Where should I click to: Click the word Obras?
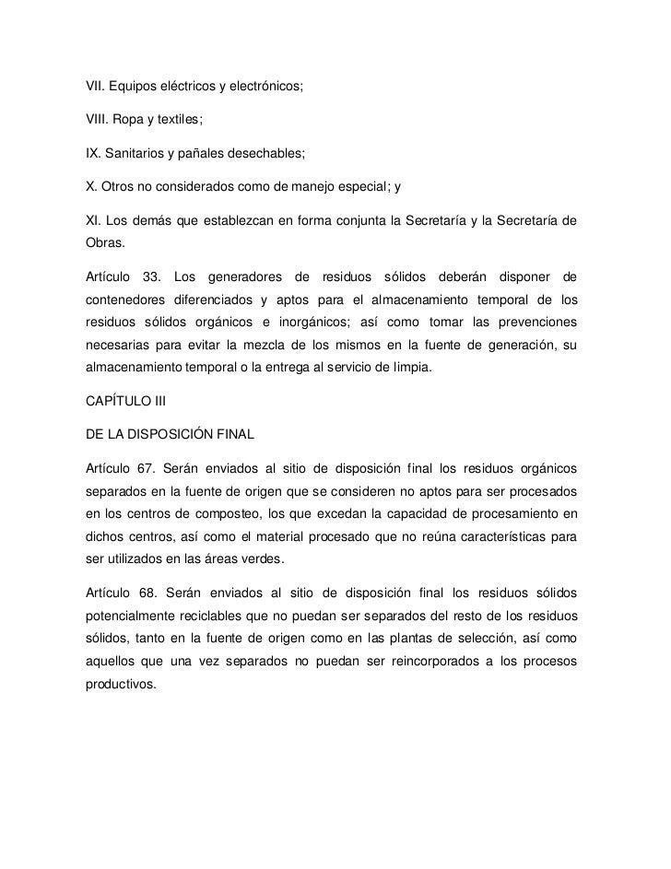coord(102,243)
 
